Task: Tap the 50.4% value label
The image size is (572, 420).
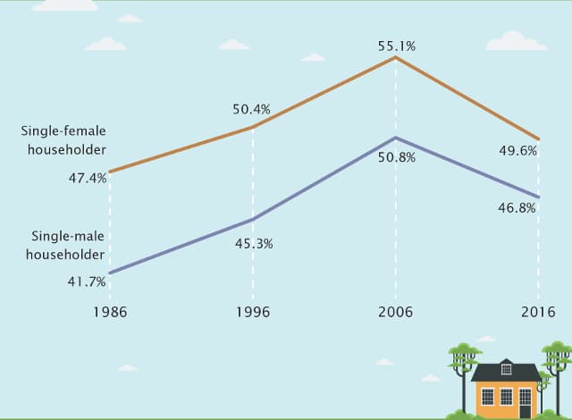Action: point(251,110)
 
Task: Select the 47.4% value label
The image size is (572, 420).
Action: point(88,178)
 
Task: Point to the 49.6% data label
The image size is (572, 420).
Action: point(517,151)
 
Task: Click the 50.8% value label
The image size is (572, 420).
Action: point(397,157)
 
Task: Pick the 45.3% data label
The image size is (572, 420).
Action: point(253,243)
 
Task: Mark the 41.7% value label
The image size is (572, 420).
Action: point(88,281)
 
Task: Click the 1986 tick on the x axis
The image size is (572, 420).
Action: point(110,313)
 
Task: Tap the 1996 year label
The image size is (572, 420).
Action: point(252,313)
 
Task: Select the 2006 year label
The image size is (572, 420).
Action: point(395,313)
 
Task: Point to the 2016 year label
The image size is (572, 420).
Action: point(537,313)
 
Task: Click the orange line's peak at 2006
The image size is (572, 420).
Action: point(395,57)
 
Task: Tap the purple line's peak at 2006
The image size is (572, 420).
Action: point(395,138)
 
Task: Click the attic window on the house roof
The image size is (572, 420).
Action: point(506,367)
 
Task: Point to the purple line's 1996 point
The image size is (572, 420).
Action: point(253,219)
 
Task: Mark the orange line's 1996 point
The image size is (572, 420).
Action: point(253,128)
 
